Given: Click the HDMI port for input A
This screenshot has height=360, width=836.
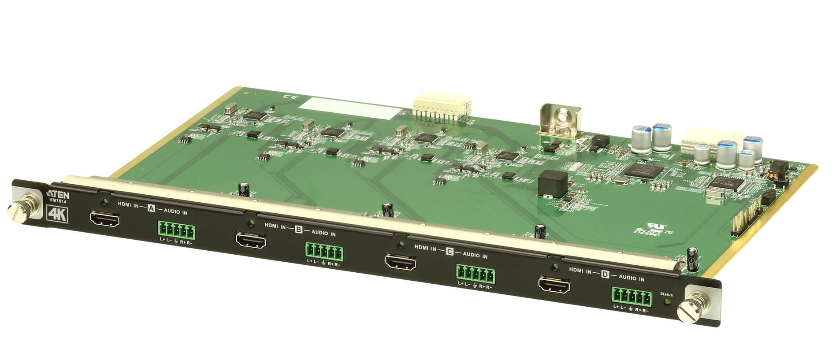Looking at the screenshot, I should pyautogui.click(x=104, y=219).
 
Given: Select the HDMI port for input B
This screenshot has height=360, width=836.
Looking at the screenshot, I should pyautogui.click(x=251, y=241).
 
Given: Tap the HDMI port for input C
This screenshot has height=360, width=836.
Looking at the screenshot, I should pyautogui.click(x=400, y=261).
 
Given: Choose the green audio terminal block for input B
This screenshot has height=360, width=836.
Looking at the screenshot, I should pyautogui.click(x=323, y=252).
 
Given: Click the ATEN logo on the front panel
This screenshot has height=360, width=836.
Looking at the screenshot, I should pyautogui.click(x=58, y=195).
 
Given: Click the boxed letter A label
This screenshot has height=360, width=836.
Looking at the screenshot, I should pyautogui.click(x=151, y=208).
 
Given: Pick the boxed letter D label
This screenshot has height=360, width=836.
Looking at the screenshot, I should pyautogui.click(x=605, y=274).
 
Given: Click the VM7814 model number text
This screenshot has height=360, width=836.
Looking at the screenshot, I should pyautogui.click(x=57, y=202).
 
